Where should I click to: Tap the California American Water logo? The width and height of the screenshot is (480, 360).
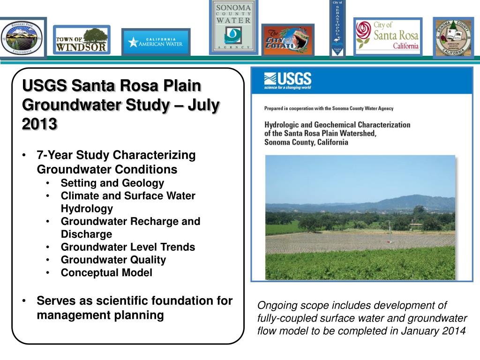156,42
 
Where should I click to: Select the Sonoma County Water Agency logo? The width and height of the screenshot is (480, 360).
233,27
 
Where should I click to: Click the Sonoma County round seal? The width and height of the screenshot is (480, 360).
453,37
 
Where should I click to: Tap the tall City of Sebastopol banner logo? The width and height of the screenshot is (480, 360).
337,28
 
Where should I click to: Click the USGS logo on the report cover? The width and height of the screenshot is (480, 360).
288,81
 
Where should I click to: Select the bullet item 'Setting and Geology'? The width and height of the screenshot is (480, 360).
112,183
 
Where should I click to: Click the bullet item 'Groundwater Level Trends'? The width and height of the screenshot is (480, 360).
127,247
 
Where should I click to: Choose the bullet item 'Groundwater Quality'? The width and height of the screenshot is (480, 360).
113,260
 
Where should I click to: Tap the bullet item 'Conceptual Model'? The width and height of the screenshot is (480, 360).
106,273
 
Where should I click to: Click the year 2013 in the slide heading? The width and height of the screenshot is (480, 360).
40,124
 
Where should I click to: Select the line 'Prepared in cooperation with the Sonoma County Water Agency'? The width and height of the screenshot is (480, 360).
329,108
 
